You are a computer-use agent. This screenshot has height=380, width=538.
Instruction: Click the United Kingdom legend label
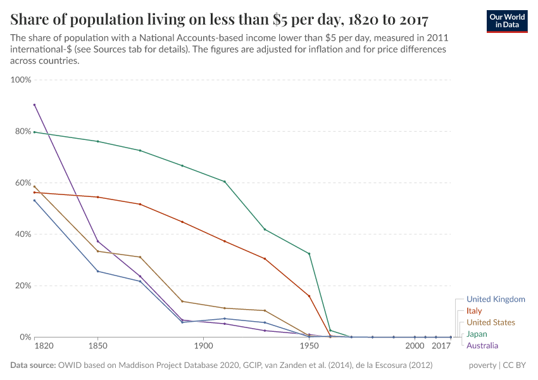(x=496, y=299)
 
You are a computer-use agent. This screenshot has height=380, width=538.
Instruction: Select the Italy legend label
(x=474, y=311)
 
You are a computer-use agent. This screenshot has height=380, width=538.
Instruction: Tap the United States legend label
(x=491, y=322)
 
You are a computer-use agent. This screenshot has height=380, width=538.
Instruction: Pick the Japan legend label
(x=477, y=334)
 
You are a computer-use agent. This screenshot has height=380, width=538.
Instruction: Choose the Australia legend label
(x=482, y=345)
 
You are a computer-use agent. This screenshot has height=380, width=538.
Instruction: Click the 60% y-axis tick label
(x=23, y=183)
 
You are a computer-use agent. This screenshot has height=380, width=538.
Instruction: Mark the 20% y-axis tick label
(x=23, y=286)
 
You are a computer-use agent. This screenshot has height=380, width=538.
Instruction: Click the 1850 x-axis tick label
(x=97, y=346)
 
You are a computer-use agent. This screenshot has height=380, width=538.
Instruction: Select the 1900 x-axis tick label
(x=203, y=346)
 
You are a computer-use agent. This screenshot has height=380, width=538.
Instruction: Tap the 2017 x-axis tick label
(x=441, y=346)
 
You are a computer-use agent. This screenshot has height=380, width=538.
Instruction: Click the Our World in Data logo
(x=508, y=21)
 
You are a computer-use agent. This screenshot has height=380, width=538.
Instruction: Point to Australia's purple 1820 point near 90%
(x=34, y=104)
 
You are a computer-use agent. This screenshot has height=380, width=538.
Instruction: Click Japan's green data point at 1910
(x=225, y=182)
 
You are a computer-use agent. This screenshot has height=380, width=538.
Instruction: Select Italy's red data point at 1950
(x=309, y=296)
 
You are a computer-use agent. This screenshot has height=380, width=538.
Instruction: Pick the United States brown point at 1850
(x=97, y=251)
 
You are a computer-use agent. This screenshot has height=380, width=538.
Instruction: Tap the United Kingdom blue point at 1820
(x=34, y=200)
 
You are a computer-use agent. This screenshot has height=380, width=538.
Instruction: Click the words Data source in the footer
(x=33, y=365)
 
